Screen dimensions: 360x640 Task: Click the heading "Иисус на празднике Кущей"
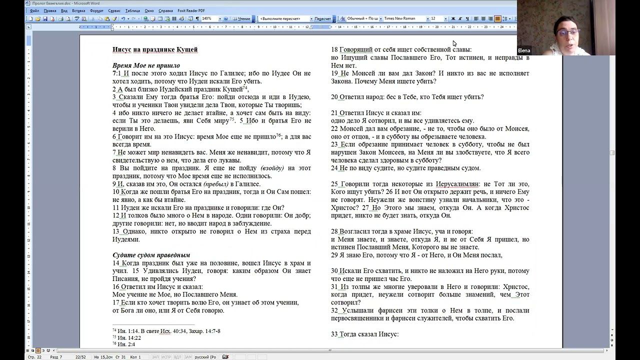tap(155, 49)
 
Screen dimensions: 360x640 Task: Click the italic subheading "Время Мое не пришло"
tap(146, 65)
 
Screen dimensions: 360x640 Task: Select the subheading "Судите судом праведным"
tap(151, 255)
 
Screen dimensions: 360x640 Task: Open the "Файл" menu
tap(34, 10)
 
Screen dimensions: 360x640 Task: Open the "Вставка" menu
tap(78, 10)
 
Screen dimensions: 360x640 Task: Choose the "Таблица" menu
tap(132, 10)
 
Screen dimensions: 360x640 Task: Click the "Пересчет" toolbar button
tap(322, 19)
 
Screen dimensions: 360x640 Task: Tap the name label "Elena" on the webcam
tap(524, 50)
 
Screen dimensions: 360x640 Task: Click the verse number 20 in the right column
tap(334, 97)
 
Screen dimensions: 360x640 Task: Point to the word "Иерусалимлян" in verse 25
tap(457, 184)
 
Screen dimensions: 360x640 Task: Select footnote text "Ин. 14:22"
tap(128, 337)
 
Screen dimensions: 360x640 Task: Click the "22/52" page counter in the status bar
tap(80, 357)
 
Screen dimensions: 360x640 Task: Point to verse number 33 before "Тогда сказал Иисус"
tap(334, 334)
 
